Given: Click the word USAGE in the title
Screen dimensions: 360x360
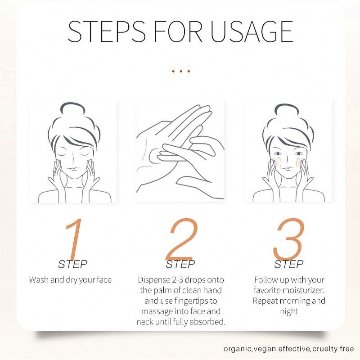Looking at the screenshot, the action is coord(252,31).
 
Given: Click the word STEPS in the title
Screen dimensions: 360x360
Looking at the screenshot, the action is coord(107,31).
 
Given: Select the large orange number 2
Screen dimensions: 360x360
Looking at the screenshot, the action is coord(182,239).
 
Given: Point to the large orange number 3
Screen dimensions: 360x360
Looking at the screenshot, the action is coord(289,239).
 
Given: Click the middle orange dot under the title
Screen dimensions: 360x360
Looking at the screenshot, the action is coord(181,71).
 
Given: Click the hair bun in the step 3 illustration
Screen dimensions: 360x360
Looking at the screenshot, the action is coord(287,109).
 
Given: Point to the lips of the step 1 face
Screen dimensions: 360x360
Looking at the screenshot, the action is coord(73,169).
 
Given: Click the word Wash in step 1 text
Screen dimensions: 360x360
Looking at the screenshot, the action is coord(39,279).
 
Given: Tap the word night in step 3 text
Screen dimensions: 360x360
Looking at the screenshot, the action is coord(289,311).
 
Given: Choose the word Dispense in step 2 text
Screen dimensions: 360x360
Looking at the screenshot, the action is coord(154,280).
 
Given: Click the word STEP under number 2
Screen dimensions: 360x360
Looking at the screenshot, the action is coord(180,264).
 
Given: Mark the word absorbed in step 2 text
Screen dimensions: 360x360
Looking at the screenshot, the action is coord(207,322).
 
